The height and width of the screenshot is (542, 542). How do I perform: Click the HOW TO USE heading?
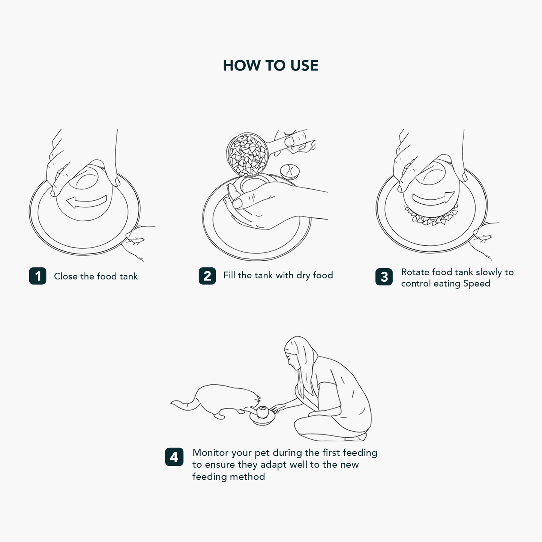[x=270, y=66]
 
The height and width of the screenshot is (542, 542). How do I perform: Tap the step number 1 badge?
[x=38, y=276]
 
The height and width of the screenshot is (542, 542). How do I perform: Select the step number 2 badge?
[x=207, y=276]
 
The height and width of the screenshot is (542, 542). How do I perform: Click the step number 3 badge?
[x=384, y=277]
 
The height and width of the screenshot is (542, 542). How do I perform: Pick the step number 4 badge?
[x=174, y=457]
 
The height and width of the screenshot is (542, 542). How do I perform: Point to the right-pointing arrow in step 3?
[x=434, y=198]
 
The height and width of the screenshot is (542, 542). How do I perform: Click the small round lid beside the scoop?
[x=290, y=172]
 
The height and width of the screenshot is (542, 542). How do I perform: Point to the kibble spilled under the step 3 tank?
[x=430, y=216]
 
